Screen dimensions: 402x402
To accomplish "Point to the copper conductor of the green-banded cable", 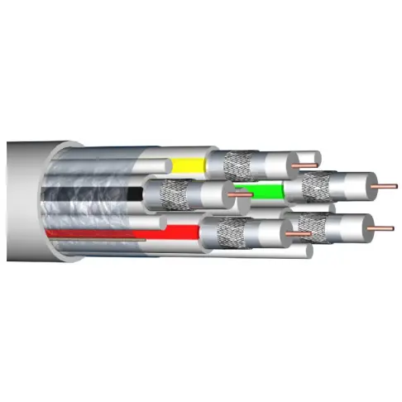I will pyautogui.click(x=385, y=186).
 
